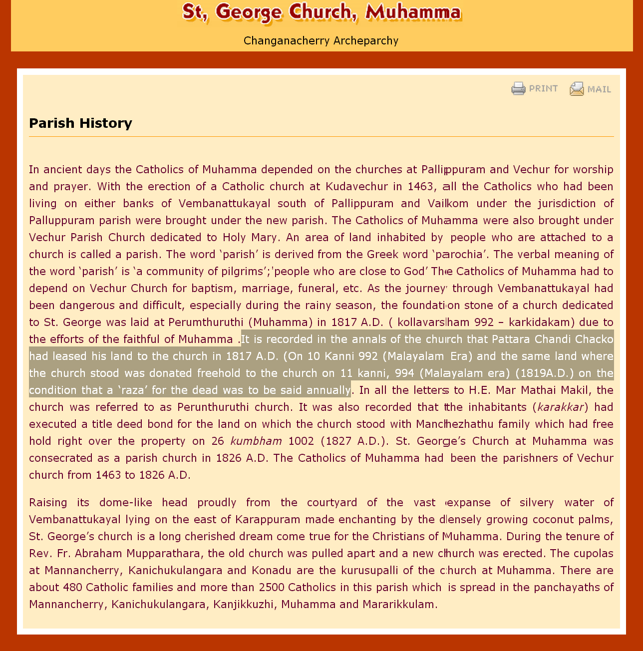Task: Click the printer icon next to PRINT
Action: click(x=518, y=89)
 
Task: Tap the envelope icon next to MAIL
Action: click(x=577, y=89)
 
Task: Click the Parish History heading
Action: click(x=80, y=123)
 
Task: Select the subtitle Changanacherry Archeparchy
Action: click(x=321, y=41)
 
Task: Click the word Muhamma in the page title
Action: click(x=413, y=12)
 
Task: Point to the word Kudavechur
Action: click(x=356, y=187)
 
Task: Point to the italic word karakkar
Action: click(x=561, y=407)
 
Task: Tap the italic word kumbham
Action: click(x=256, y=441)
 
